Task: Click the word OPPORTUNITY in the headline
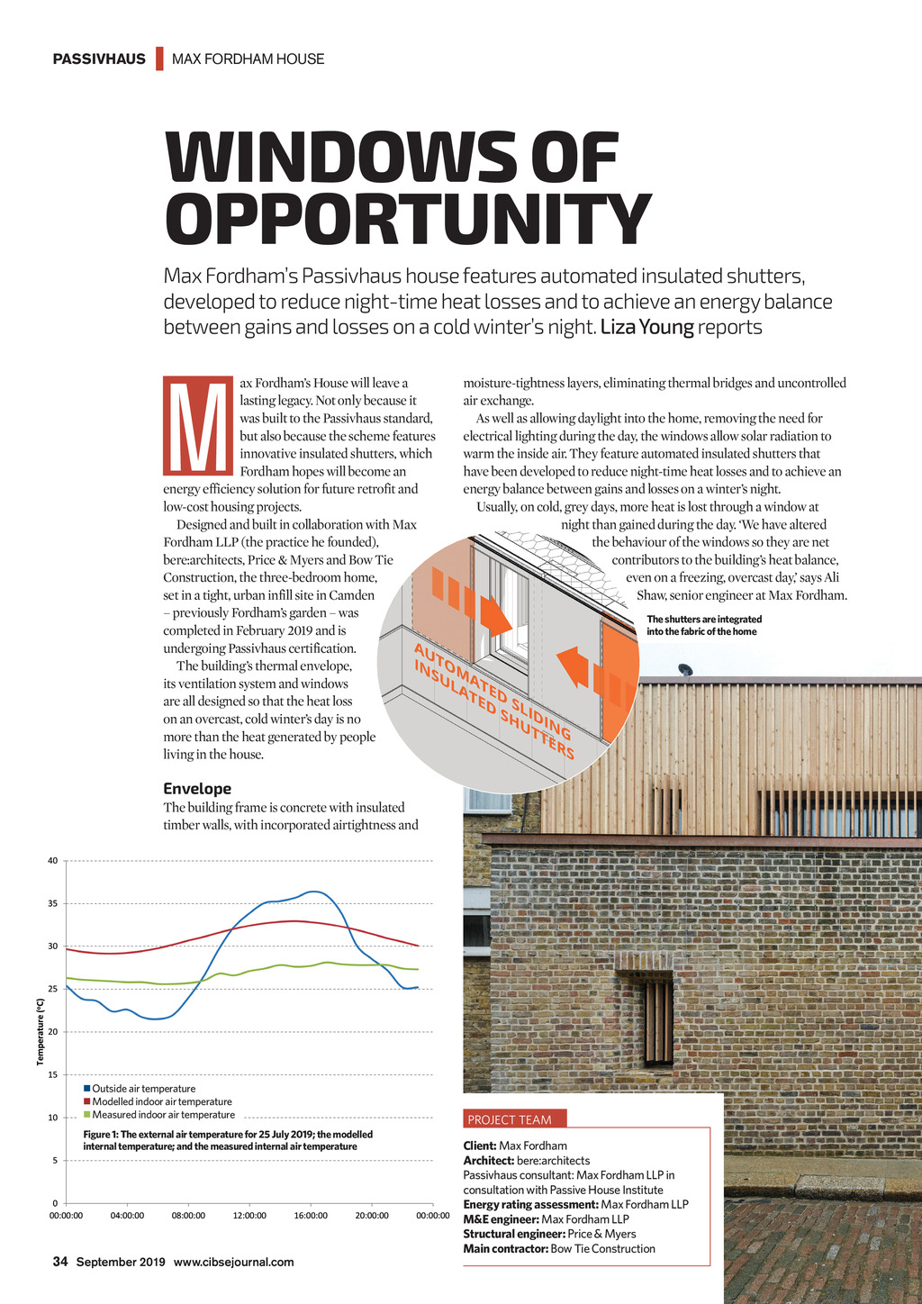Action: [x=407, y=219]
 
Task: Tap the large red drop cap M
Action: [x=198, y=425]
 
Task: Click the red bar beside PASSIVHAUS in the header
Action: [x=159, y=59]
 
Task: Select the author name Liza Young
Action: [x=646, y=327]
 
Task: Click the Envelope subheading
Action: [x=197, y=788]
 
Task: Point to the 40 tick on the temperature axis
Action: [x=53, y=861]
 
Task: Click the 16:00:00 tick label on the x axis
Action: [x=311, y=1216]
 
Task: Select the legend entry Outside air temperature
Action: [x=143, y=1089]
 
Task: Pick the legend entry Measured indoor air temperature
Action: [x=162, y=1115]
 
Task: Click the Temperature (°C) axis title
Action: [x=41, y=1031]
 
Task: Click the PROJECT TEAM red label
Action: [x=510, y=1119]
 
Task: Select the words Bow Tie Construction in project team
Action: [x=602, y=1248]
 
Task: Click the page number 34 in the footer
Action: [x=60, y=1262]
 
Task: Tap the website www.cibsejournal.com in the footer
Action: [x=233, y=1262]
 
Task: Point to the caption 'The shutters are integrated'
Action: [x=704, y=620]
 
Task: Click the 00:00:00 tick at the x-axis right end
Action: [x=433, y=1216]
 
